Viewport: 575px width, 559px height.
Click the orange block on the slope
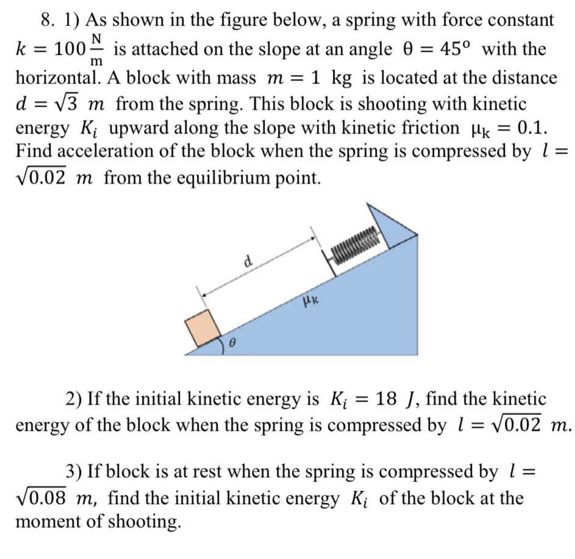pyautogui.click(x=202, y=328)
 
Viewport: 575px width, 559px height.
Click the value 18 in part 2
pyautogui.click(x=387, y=400)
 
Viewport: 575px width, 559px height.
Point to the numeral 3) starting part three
pyautogui.click(x=74, y=471)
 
